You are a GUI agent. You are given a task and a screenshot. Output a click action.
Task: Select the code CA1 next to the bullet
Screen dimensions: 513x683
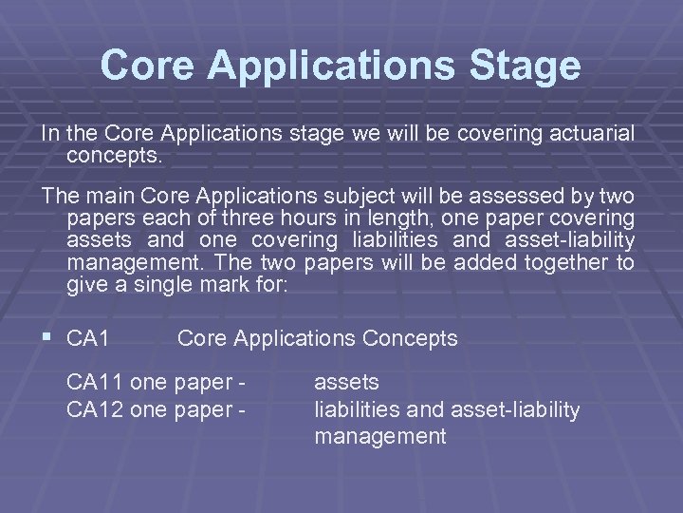pyautogui.click(x=89, y=338)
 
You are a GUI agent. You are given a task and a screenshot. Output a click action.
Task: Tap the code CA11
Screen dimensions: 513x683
pyautogui.click(x=95, y=382)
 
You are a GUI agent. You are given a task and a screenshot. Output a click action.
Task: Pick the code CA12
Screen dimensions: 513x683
pyautogui.click(x=95, y=409)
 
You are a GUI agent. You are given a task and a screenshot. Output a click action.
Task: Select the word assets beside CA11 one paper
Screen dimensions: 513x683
pyautogui.click(x=346, y=382)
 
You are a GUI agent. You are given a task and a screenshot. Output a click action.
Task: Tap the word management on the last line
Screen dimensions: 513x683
pyautogui.click(x=379, y=437)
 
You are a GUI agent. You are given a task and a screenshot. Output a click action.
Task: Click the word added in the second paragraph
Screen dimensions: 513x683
pyautogui.click(x=484, y=262)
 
